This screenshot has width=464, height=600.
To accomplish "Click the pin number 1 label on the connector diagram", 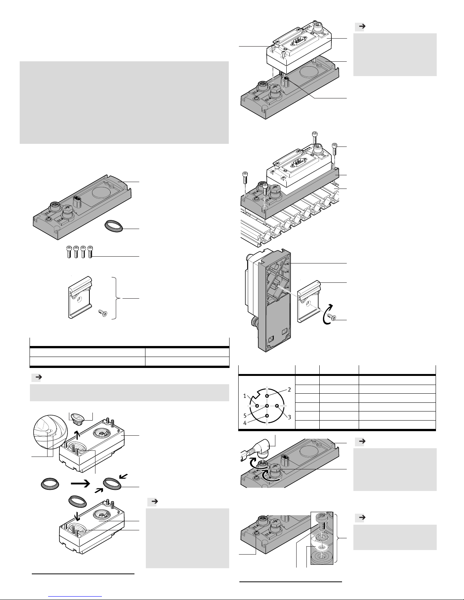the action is tap(245, 396).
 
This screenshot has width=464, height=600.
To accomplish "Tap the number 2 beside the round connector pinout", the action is tap(289, 390).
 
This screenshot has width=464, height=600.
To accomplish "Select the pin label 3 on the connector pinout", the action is tap(289, 417).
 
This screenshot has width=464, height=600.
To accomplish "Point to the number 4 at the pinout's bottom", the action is tap(245, 423).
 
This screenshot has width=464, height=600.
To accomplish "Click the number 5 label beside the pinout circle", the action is tap(245, 416).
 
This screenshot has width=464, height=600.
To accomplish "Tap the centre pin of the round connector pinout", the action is tap(267, 406).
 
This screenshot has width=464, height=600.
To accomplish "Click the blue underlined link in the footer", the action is tap(77, 596).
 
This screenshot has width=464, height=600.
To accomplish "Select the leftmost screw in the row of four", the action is tap(69, 252).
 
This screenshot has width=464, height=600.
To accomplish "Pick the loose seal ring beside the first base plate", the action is tap(114, 226).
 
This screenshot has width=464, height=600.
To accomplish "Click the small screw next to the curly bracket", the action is tap(103, 313).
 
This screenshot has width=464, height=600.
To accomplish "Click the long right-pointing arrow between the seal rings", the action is tap(81, 483).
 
